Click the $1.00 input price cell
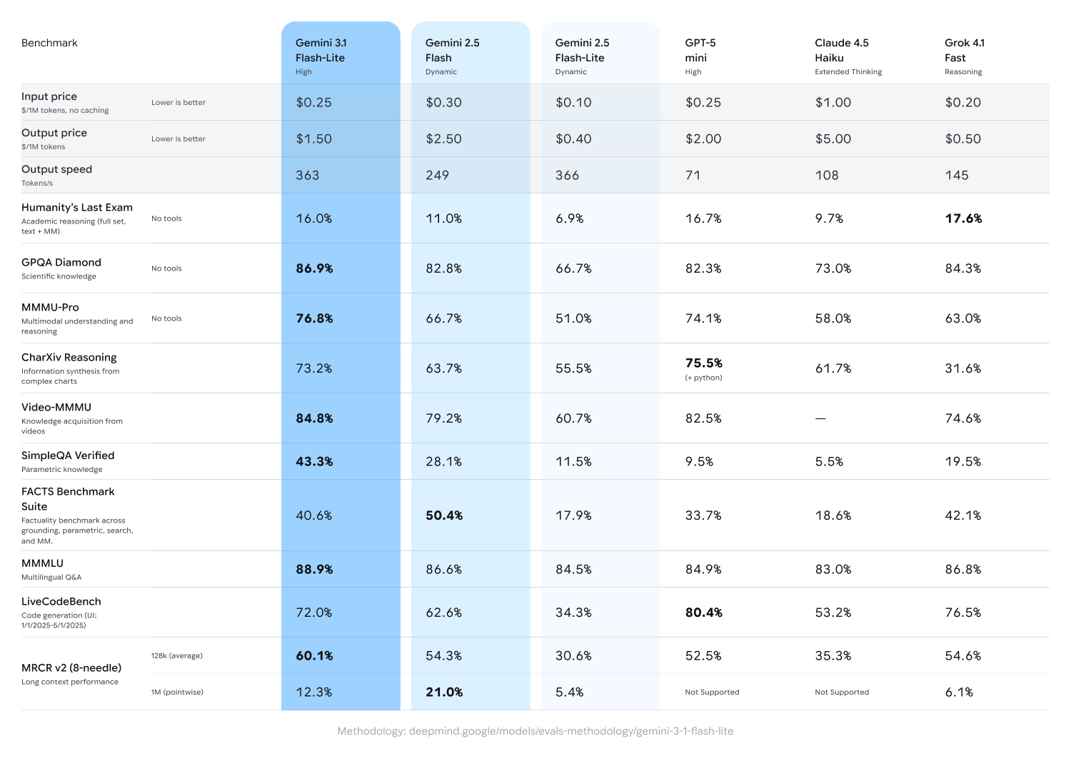tap(833, 103)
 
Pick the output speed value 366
tap(567, 176)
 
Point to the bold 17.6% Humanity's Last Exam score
tap(963, 218)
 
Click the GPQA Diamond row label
tap(61, 263)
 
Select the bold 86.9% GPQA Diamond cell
tap(314, 268)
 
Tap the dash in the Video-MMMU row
tap(820, 419)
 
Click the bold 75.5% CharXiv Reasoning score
tap(703, 363)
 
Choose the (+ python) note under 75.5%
tap(703, 378)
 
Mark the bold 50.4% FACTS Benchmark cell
tap(444, 515)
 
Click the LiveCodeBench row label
tap(61, 602)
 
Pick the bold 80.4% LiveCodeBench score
tap(703, 613)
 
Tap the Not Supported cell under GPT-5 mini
tap(712, 692)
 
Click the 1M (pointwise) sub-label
tap(177, 692)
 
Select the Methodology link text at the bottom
tap(535, 731)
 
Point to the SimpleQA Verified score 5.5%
tap(829, 462)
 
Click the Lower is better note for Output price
tap(178, 139)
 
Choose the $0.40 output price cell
tap(573, 139)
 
